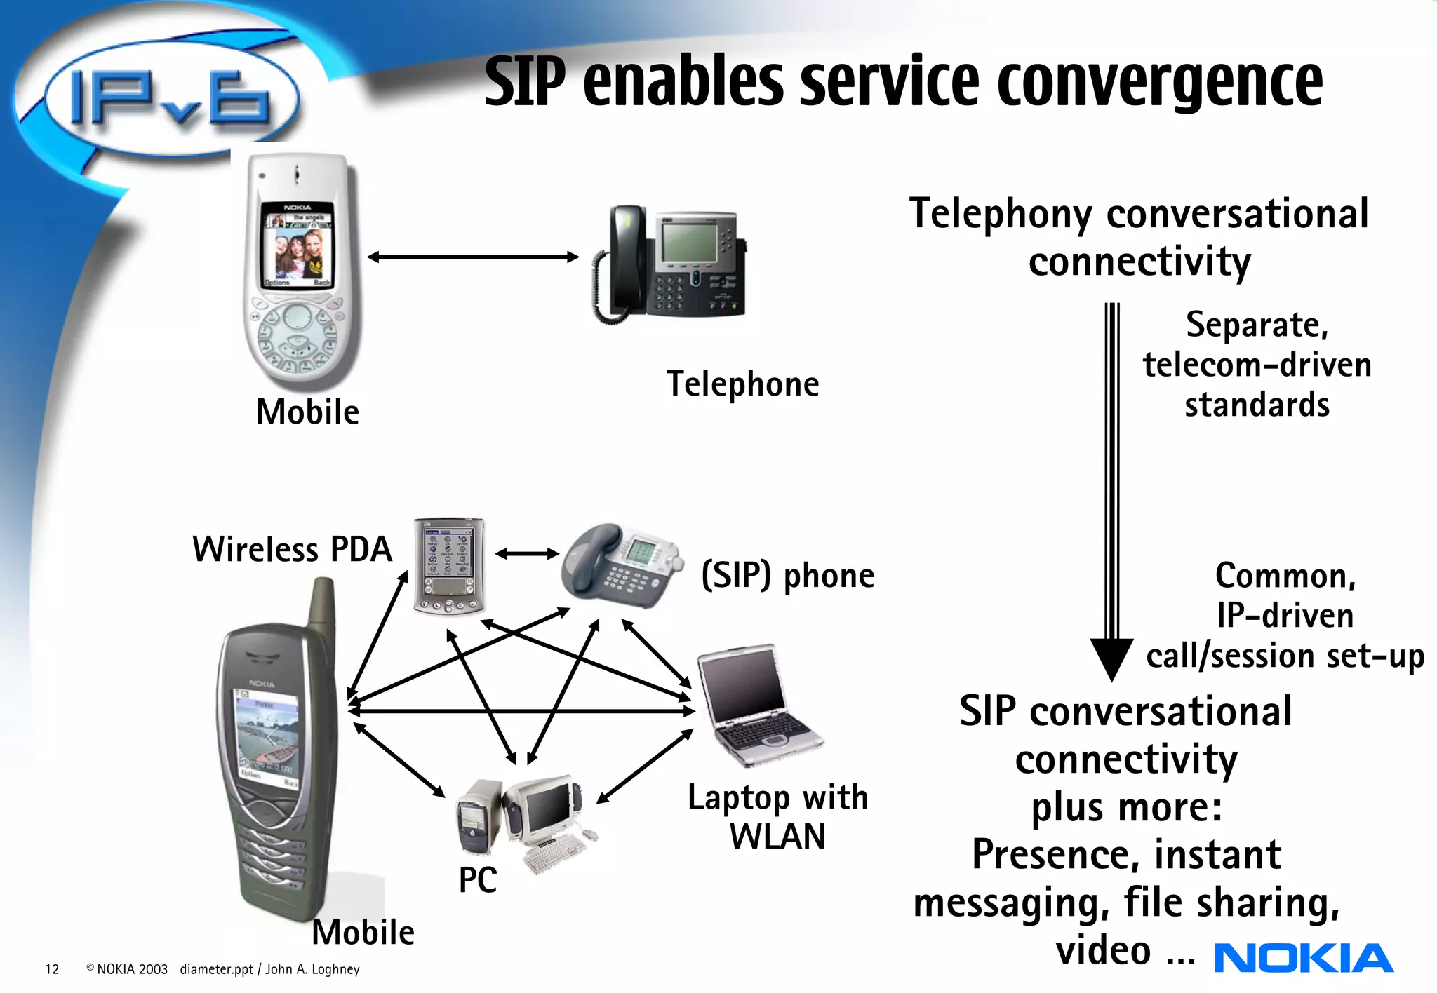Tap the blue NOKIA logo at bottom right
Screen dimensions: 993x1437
(1303, 959)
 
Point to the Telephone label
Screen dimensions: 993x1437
(742, 384)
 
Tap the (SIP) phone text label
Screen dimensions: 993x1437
(787, 576)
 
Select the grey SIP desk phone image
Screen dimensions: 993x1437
(621, 565)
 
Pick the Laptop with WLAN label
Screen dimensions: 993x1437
(777, 816)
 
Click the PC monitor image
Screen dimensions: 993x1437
(546, 811)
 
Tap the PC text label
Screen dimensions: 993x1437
(477, 879)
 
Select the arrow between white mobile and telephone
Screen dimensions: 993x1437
(473, 257)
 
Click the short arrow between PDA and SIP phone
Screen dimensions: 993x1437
(527, 554)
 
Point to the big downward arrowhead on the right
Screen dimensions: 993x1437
(1111, 658)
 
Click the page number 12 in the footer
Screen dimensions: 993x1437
(52, 969)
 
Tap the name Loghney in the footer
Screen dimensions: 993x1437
(335, 969)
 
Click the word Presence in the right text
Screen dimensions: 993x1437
(1057, 854)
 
